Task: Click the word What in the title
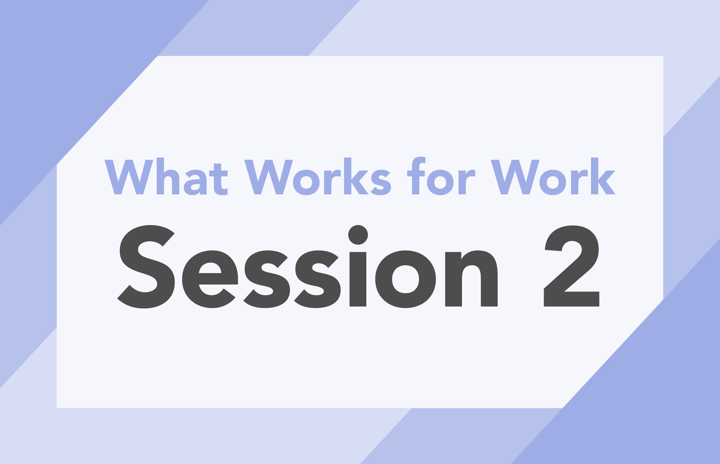pos(166,176)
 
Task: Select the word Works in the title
pos(318,177)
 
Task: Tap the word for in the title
pos(441,176)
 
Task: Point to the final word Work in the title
pos(553,177)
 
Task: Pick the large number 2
pos(572,266)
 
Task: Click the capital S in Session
pos(146,267)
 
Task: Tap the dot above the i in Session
pos(358,235)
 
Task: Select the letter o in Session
pos(406,279)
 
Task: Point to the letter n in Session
pos(472,278)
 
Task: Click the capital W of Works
pos(269,177)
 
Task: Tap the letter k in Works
pos(354,176)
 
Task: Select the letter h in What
pos(168,176)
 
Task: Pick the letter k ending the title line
pos(602,176)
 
